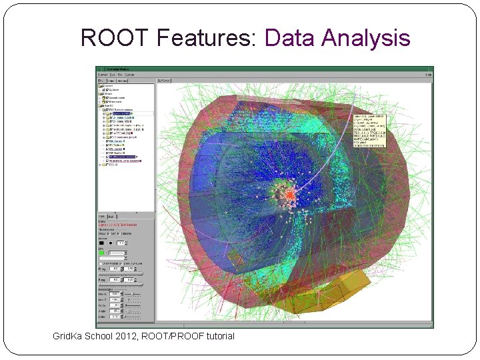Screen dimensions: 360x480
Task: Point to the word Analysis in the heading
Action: pyautogui.click(x=365, y=38)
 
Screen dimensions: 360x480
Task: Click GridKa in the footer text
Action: pyautogui.click(x=69, y=336)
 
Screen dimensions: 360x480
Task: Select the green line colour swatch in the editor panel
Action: pyautogui.click(x=102, y=254)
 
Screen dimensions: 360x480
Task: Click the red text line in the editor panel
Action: pyautogui.click(x=120, y=225)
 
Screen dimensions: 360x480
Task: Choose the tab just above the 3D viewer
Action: pyautogui.click(x=164, y=81)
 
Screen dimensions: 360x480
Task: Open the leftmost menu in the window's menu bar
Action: pyautogui.click(x=103, y=75)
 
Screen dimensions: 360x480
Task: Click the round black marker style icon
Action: pyautogui.click(x=111, y=243)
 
